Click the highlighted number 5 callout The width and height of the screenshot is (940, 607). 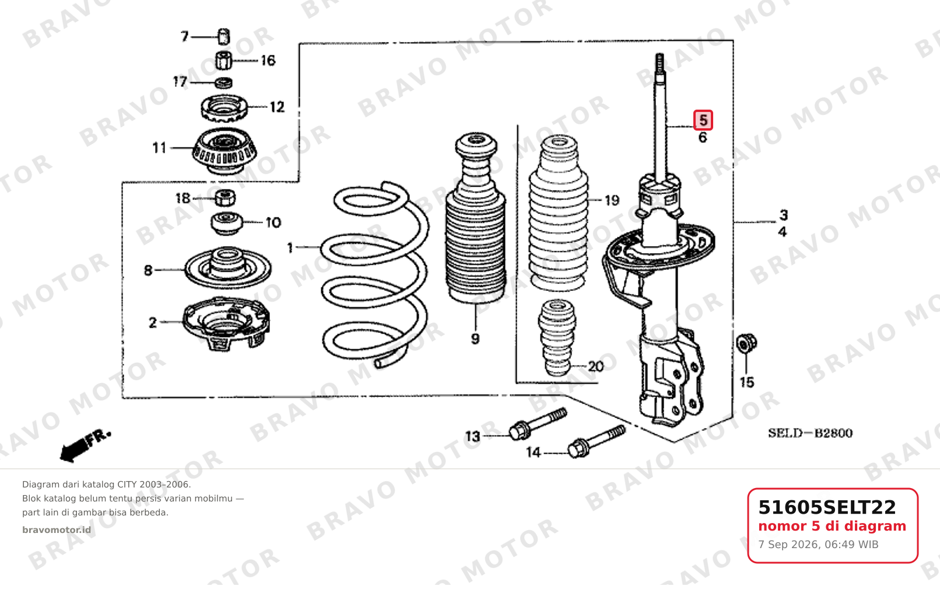point(703,120)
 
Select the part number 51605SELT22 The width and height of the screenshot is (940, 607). point(827,507)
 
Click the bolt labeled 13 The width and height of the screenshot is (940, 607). point(538,424)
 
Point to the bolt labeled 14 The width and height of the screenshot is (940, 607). point(597,441)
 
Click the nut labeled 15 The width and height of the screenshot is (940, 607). point(746,343)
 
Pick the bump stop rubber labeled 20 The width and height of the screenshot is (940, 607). point(557,338)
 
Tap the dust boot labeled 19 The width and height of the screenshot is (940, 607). point(559,213)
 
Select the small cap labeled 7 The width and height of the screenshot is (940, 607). point(224,36)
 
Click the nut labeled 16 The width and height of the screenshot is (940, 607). point(224,61)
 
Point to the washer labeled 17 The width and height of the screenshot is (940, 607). point(224,83)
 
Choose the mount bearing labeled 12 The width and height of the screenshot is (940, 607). point(224,108)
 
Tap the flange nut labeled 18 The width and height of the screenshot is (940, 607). point(225,198)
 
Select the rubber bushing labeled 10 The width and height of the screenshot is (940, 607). point(227,223)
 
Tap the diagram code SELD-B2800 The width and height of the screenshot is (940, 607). point(811,433)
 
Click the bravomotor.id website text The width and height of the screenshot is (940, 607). point(57,530)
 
